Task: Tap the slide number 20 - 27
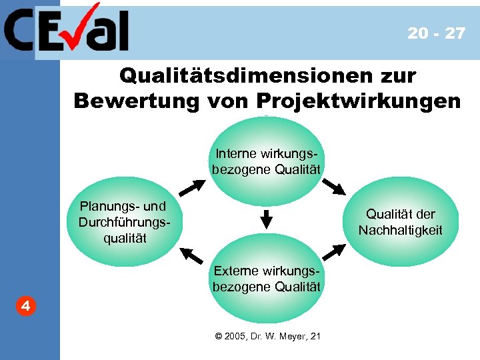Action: pos(436,33)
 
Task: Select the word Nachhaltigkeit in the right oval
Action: pos(400,231)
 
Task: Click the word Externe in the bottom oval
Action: pos(235,271)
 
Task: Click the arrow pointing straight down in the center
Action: pos(266,218)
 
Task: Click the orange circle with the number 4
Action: pos(24,307)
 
